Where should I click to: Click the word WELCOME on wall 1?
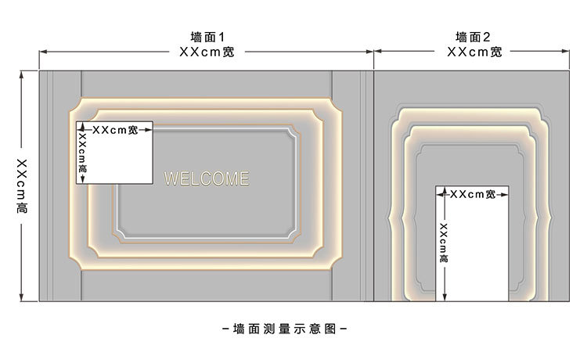207,178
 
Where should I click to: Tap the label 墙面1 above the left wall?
207,37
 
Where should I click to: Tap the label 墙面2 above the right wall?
474,37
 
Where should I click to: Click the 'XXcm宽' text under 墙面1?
207,52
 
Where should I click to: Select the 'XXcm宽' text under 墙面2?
474,52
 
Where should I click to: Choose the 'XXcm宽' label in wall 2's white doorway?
471,193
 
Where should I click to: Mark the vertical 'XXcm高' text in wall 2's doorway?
444,243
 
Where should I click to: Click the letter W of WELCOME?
171,178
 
